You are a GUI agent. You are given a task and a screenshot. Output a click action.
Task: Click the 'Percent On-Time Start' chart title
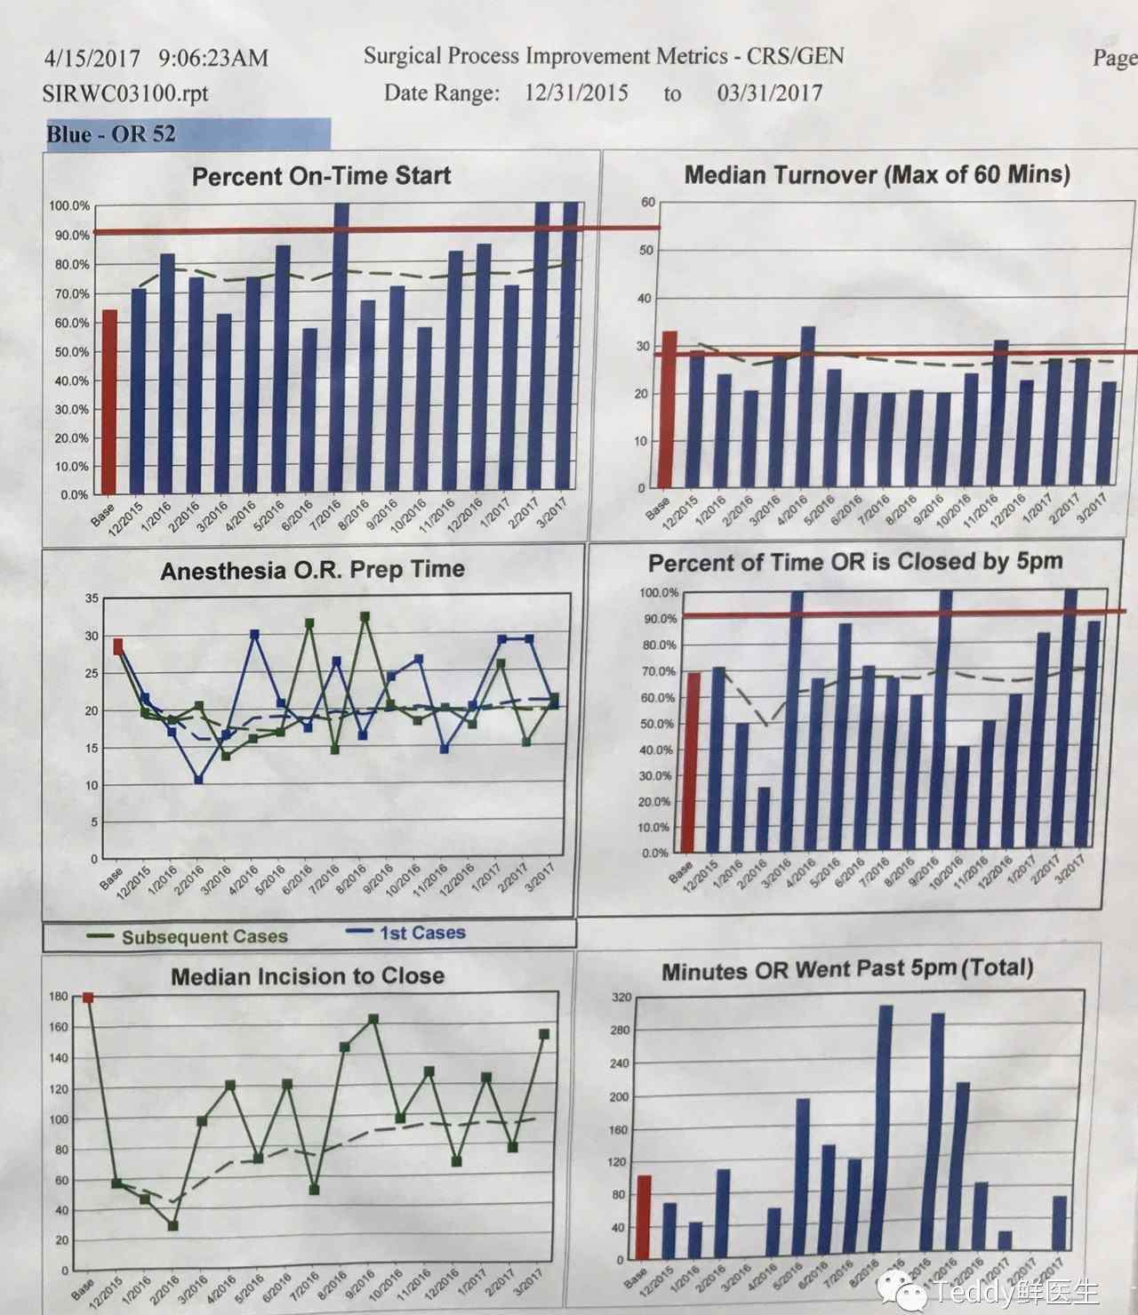(321, 175)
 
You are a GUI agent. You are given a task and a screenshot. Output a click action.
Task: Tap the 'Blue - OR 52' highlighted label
(111, 135)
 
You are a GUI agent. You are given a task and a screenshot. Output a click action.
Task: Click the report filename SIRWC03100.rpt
(125, 93)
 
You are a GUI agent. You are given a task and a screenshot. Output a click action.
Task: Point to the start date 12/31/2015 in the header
(575, 92)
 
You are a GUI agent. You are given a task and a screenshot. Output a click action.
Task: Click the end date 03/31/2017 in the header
(769, 92)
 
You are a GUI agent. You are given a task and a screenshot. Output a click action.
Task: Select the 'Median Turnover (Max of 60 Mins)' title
(877, 173)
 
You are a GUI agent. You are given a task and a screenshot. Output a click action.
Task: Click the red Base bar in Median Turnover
(669, 409)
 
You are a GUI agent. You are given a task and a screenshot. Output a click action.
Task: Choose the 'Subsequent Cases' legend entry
(204, 936)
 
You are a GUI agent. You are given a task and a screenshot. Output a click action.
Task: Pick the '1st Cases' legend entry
(421, 933)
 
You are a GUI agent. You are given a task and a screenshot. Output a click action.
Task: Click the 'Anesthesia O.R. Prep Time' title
(312, 570)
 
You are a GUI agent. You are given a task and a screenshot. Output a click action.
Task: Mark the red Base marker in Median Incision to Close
(87, 998)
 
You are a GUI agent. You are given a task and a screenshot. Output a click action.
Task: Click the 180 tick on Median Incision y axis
(59, 997)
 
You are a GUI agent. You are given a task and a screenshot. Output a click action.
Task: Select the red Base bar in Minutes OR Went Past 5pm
(644, 1216)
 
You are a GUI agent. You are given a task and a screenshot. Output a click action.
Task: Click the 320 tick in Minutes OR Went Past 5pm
(621, 998)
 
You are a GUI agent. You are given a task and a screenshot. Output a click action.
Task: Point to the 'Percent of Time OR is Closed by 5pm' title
(854, 562)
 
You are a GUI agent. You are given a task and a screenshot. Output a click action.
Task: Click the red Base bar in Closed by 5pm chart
(690, 761)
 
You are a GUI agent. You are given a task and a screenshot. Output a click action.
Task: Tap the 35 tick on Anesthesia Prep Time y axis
(92, 598)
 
